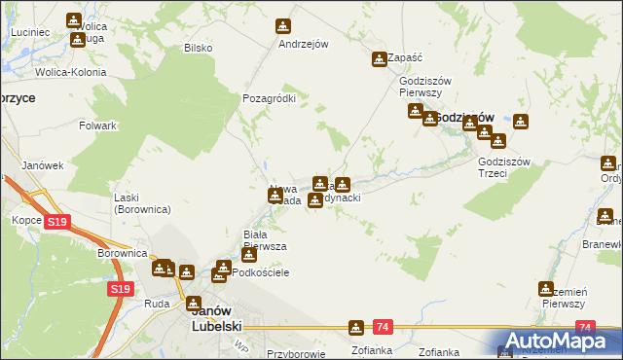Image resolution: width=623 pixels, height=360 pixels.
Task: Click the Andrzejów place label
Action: (x=303, y=44)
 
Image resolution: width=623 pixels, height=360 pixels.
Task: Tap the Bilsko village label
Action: (x=198, y=47)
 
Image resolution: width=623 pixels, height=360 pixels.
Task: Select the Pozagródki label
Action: (x=269, y=98)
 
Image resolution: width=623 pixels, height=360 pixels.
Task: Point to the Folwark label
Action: (x=98, y=126)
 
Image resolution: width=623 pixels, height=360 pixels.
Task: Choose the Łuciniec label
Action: (x=30, y=32)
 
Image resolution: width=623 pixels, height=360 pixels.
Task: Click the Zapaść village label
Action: (x=404, y=58)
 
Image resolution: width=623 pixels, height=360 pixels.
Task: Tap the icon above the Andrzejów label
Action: (x=283, y=26)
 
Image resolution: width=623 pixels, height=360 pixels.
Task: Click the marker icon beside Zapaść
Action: (x=379, y=59)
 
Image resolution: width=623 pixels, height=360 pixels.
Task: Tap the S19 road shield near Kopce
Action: (x=57, y=223)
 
